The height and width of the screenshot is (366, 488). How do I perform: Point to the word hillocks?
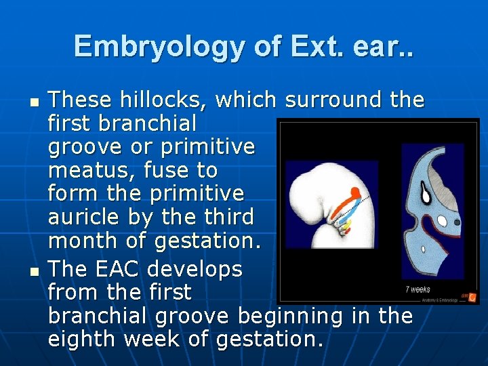[165, 100]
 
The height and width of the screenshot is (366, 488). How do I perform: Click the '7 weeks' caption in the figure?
[418, 289]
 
